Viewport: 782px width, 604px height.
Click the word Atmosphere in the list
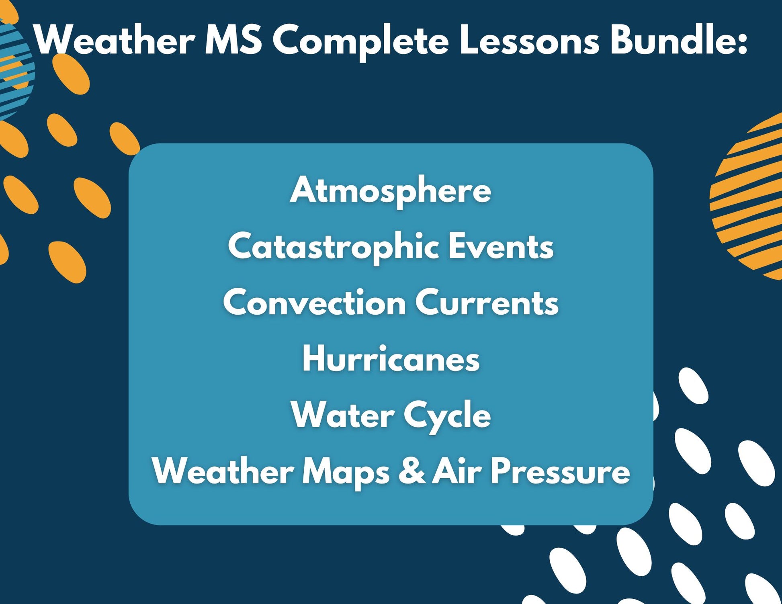(391, 190)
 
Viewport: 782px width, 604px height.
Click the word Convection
(314, 303)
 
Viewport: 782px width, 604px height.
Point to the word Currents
(487, 303)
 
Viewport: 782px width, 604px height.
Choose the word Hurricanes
(391, 359)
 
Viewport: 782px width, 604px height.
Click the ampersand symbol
(411, 471)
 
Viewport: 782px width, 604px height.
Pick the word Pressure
(560, 471)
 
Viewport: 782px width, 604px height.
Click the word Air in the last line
(457, 471)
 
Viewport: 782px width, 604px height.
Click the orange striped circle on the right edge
(747, 197)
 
